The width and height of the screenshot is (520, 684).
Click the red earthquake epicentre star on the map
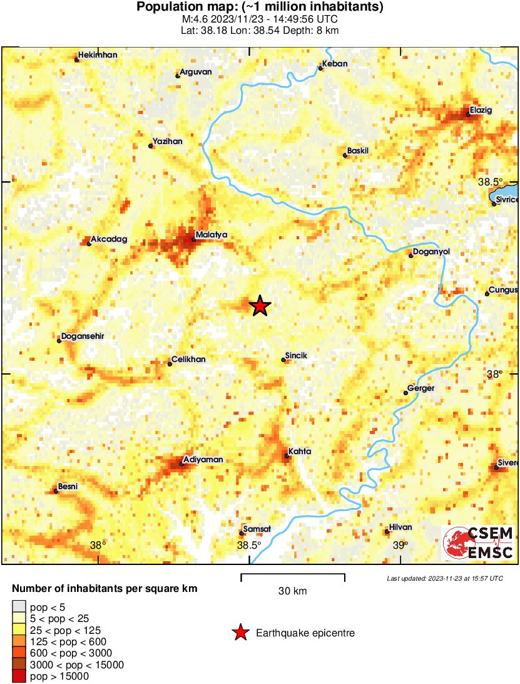click(260, 306)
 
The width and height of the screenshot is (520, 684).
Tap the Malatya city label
click(211, 235)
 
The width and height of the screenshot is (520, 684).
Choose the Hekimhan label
click(98, 55)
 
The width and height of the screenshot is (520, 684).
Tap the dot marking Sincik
click(283, 360)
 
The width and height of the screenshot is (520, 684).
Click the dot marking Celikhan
click(170, 364)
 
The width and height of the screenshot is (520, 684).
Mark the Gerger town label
click(421, 388)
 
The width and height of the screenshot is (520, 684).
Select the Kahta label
click(300, 452)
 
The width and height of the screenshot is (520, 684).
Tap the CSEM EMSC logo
click(479, 542)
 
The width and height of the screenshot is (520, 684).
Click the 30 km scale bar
click(293, 574)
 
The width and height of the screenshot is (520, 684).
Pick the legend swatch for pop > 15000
click(19, 676)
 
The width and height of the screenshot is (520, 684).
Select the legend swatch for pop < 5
click(19, 606)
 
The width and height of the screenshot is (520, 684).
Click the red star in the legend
click(240, 633)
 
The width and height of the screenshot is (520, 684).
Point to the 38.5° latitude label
click(490, 182)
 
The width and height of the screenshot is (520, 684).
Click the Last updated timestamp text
click(444, 578)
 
